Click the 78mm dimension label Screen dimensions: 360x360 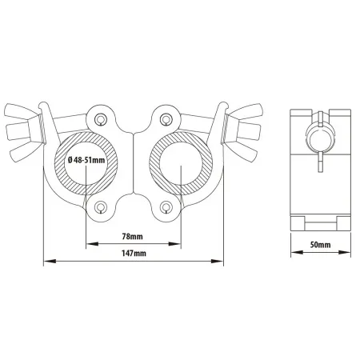point(132,236)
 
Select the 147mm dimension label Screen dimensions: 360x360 point(134,253)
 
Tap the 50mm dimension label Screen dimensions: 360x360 point(320,245)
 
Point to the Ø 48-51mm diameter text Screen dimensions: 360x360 point(86,160)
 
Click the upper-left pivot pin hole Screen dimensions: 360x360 point(101,118)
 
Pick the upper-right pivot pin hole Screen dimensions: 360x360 point(166,118)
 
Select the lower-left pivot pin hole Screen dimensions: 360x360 point(101,206)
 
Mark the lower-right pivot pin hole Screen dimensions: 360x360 point(166,206)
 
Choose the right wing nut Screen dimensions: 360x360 point(242,130)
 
